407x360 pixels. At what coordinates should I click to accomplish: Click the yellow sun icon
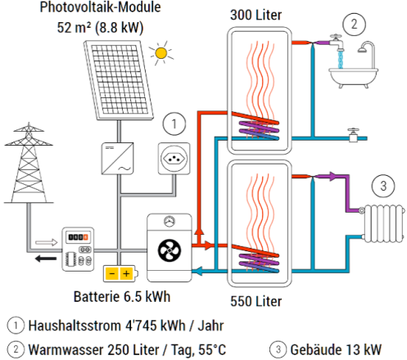161,55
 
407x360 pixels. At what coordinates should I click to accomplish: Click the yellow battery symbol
120,272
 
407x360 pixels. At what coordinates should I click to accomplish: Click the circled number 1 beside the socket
174,125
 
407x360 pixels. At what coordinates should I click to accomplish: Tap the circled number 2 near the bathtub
354,23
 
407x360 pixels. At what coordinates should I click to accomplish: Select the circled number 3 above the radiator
383,184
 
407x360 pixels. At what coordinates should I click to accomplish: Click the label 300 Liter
258,16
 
